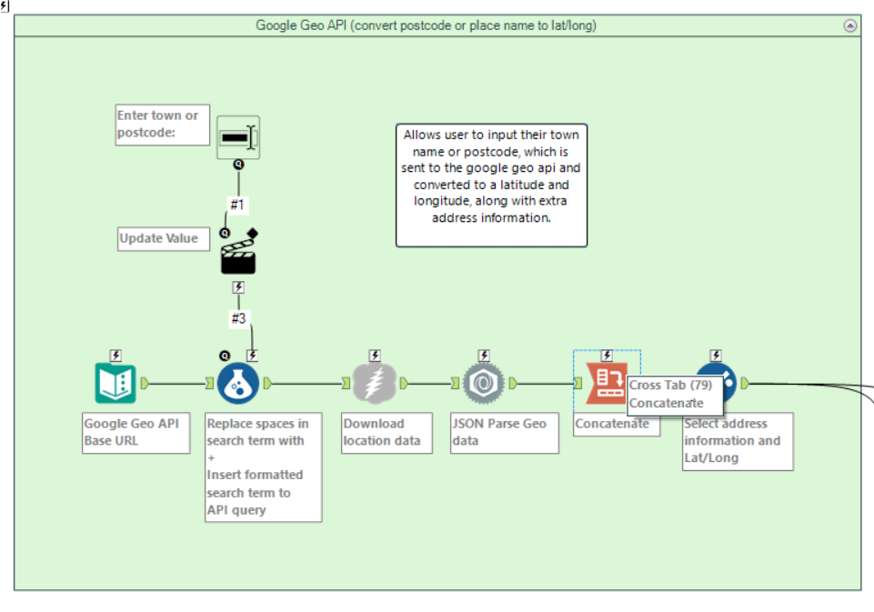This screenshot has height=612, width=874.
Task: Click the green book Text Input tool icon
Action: point(115,383)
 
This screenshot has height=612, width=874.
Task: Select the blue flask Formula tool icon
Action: point(238,384)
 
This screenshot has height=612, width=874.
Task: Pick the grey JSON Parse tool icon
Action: point(484,383)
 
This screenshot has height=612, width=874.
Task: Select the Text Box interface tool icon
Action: point(238,137)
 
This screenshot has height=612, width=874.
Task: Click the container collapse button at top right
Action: point(850,25)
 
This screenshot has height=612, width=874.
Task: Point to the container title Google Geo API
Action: point(426,25)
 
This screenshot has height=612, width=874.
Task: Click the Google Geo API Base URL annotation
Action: point(136,433)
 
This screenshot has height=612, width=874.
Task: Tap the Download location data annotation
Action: point(387,433)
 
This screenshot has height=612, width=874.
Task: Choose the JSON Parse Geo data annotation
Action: point(504,433)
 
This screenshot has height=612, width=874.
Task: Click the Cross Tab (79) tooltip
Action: point(669,394)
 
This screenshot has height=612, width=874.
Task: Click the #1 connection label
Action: point(236,205)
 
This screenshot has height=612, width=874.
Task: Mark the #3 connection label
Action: point(238,318)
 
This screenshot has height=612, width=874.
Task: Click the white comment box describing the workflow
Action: point(491,186)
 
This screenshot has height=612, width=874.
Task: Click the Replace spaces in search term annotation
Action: point(264,467)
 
